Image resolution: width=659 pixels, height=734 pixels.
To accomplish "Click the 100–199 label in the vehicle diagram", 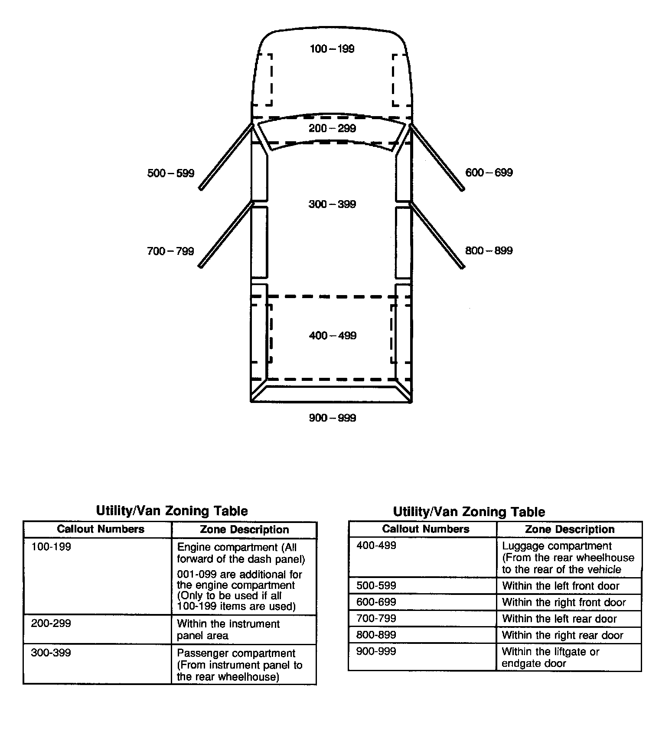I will click(x=332, y=49).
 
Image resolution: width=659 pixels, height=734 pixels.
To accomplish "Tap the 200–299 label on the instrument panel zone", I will click(x=332, y=128).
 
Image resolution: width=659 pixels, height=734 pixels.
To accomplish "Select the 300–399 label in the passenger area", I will click(x=332, y=204).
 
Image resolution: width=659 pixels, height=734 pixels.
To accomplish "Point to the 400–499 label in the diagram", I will click(x=333, y=335).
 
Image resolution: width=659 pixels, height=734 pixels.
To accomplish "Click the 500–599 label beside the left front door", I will click(x=171, y=173).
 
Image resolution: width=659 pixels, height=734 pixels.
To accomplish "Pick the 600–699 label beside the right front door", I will click(x=489, y=173).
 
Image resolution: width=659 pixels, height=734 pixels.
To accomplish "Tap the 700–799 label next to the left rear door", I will click(x=170, y=251).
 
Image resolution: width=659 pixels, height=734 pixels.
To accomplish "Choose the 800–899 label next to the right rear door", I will click(x=489, y=251).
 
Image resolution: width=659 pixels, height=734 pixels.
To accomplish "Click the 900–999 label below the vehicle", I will click(x=332, y=418).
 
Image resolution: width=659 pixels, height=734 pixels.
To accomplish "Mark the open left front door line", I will click(x=226, y=157).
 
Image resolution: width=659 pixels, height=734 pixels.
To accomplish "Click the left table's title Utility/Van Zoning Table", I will click(x=172, y=511).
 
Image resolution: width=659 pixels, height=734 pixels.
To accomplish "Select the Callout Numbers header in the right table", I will click(x=425, y=529).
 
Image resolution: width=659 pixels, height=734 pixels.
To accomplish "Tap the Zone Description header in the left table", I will click(x=244, y=529).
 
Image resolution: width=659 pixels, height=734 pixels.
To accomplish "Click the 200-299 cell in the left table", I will click(x=51, y=624).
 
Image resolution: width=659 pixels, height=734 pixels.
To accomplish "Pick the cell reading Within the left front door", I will click(x=561, y=586).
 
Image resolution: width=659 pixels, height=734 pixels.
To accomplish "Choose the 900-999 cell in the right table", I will click(x=376, y=651).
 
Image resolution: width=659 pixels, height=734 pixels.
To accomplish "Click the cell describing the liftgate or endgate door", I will click(x=550, y=657).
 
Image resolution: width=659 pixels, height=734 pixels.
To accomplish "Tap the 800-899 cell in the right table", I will click(x=376, y=635).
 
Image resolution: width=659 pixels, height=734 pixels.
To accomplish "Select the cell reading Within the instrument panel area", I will click(x=228, y=630).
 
